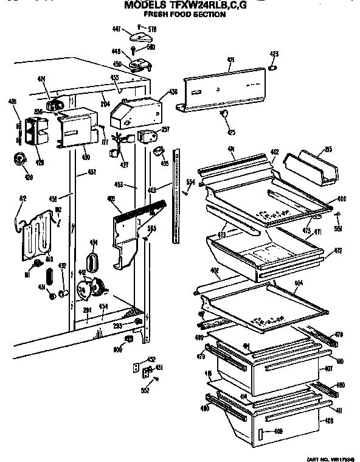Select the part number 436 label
click(173, 92)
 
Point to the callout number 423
click(274, 55)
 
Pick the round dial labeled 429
click(18, 159)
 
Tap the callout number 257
click(164, 130)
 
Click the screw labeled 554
click(185, 190)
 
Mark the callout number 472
click(337, 250)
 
